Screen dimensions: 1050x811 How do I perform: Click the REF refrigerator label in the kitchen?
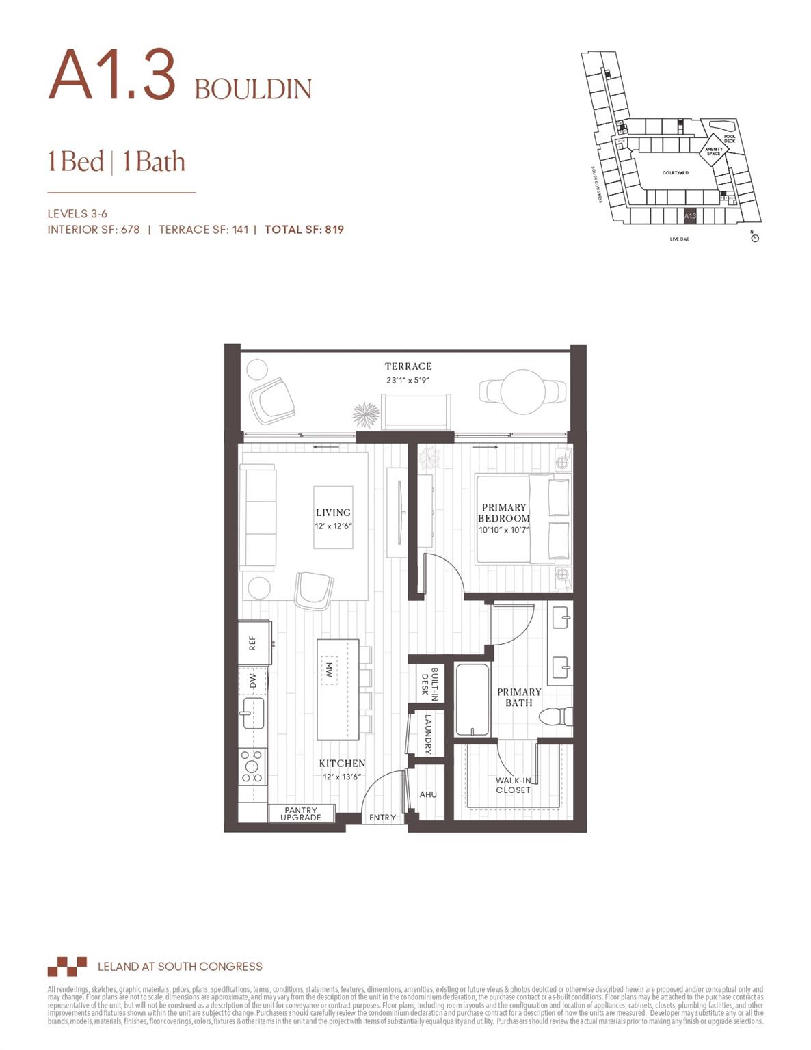[x=252, y=643]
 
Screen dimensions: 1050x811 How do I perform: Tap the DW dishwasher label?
[x=253, y=681]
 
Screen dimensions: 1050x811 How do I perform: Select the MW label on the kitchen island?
[x=329, y=670]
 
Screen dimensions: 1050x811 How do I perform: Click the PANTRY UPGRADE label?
[x=301, y=813]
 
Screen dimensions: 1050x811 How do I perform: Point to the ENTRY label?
[x=382, y=818]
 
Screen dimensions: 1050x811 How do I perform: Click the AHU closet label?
[x=428, y=794]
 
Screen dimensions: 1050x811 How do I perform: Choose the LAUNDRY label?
[x=428, y=734]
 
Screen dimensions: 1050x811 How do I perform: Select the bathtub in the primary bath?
[x=472, y=700]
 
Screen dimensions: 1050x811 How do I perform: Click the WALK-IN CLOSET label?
[x=513, y=785]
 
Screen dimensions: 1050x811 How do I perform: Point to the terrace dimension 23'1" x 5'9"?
[x=408, y=380]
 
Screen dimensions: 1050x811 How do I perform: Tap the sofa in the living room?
[x=258, y=517]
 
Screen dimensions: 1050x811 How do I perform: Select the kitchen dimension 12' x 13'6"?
[x=342, y=777]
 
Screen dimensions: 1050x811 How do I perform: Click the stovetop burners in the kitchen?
[x=252, y=766]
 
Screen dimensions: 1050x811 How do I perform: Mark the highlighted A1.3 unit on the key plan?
[x=690, y=216]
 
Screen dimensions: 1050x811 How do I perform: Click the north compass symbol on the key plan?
[x=755, y=237]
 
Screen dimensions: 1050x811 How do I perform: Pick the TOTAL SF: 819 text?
[x=304, y=230]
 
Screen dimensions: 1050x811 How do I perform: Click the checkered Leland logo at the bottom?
[x=67, y=966]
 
